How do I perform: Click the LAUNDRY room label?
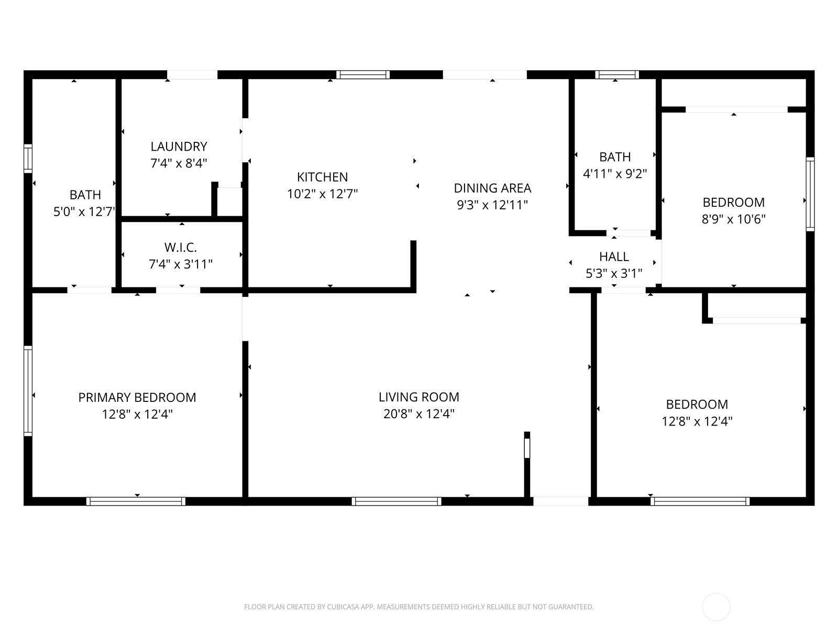pyautogui.click(x=179, y=147)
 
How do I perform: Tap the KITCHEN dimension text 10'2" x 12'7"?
pyautogui.click(x=322, y=194)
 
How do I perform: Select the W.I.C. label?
pyautogui.click(x=180, y=247)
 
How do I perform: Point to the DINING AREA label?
pyautogui.click(x=492, y=188)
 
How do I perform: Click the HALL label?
pyautogui.click(x=614, y=256)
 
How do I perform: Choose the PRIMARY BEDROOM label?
pyautogui.click(x=137, y=397)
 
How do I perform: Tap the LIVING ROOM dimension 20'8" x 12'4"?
pyautogui.click(x=418, y=414)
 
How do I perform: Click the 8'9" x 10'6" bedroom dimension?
pyautogui.click(x=733, y=219)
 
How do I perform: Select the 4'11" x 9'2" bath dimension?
pyautogui.click(x=615, y=173)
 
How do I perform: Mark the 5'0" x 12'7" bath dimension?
pyautogui.click(x=84, y=211)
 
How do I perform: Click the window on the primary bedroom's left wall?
pyautogui.click(x=28, y=390)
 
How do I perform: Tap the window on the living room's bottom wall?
pyautogui.click(x=396, y=501)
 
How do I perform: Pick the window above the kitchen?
pyautogui.click(x=363, y=74)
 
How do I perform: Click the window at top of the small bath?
pyautogui.click(x=617, y=74)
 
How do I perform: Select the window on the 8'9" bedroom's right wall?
pyautogui.click(x=810, y=194)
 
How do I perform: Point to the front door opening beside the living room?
pyautogui.click(x=560, y=501)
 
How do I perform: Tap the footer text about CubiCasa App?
pyautogui.click(x=418, y=607)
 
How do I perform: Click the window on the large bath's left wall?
pyautogui.click(x=28, y=158)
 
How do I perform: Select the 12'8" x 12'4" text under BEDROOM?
pyautogui.click(x=697, y=421)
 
